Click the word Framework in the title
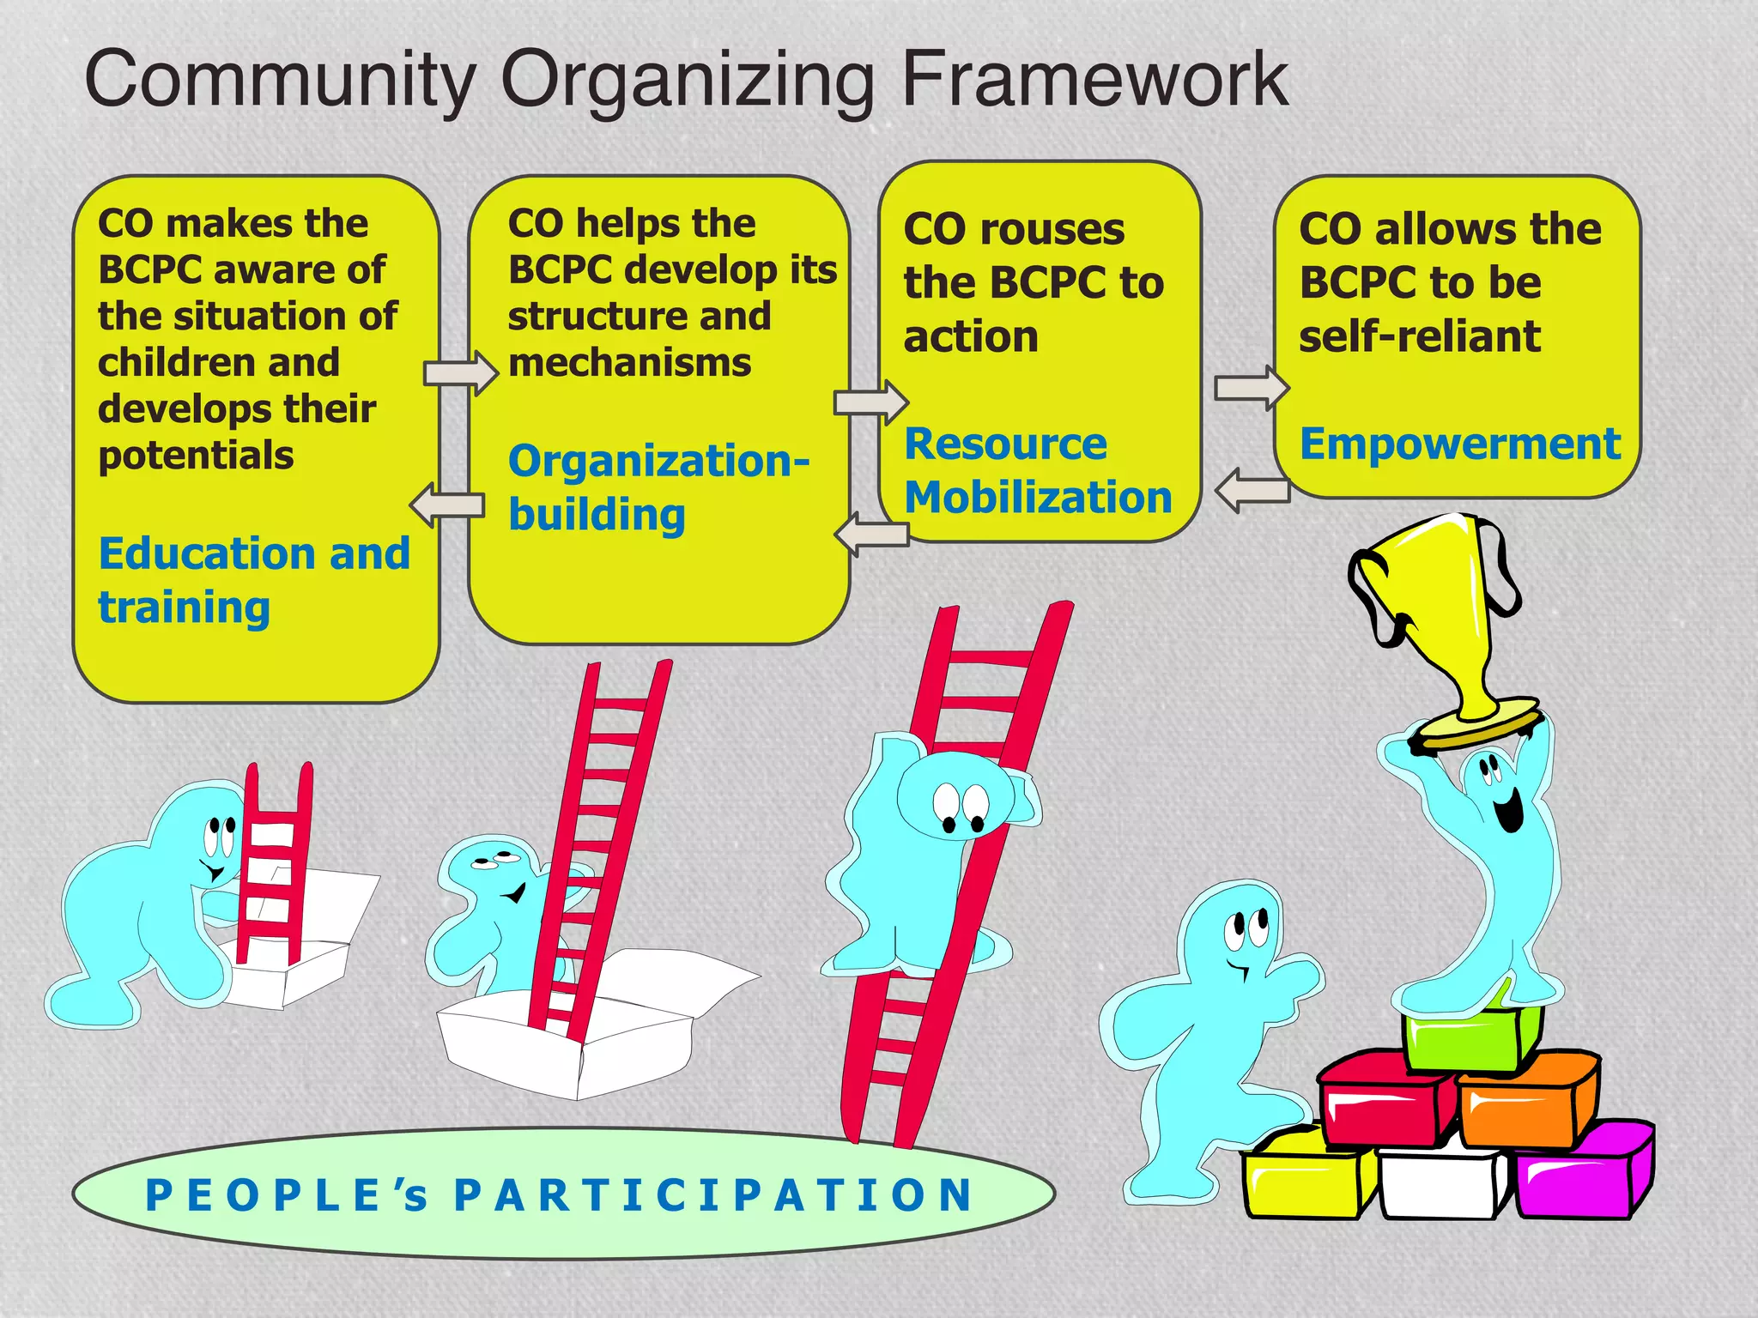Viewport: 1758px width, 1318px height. (x=1094, y=79)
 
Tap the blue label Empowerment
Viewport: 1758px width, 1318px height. (x=1459, y=444)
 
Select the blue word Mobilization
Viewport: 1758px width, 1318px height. (x=1038, y=498)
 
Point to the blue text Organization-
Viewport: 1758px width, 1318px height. (x=658, y=462)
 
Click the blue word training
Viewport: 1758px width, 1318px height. (x=184, y=608)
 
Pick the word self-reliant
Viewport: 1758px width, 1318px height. (x=1420, y=336)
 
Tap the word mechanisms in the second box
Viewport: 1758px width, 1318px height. (x=629, y=363)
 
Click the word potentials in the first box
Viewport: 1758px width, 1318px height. (x=196, y=455)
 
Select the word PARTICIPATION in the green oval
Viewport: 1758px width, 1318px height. (x=713, y=1195)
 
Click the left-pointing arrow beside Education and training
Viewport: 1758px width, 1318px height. (x=446, y=505)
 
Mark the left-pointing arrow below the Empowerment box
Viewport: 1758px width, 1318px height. (x=1253, y=491)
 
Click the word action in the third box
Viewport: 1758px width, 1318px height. (x=971, y=336)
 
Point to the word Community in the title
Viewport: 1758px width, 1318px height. (x=280, y=79)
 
